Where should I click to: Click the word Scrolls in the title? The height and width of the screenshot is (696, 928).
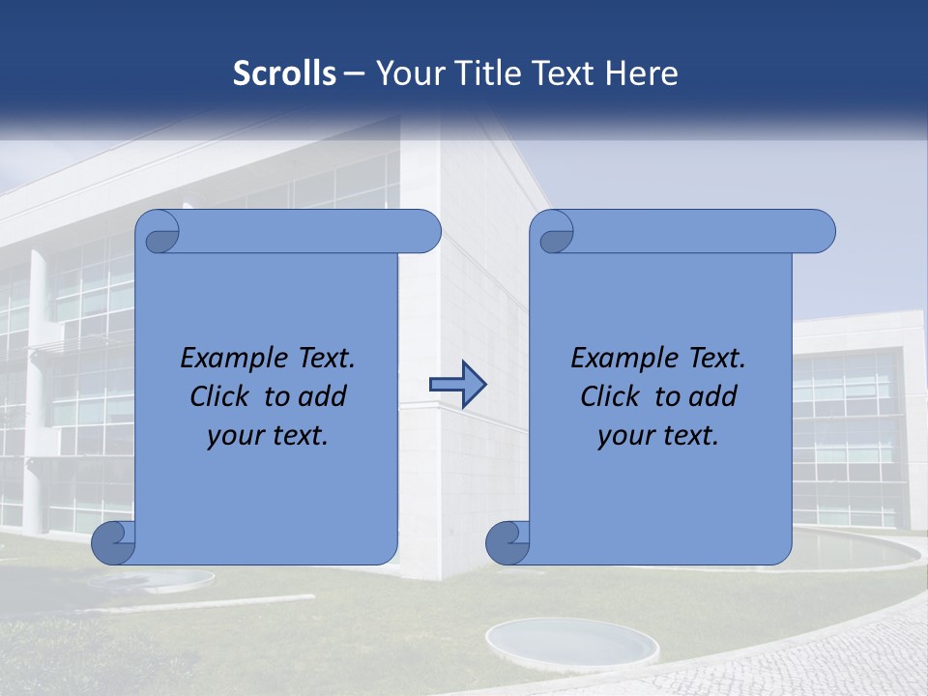(x=285, y=73)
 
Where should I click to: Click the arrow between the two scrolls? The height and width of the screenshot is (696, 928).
(x=457, y=385)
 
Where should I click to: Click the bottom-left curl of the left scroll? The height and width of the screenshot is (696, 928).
(x=113, y=543)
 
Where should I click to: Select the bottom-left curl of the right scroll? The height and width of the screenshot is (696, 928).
(x=507, y=543)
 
